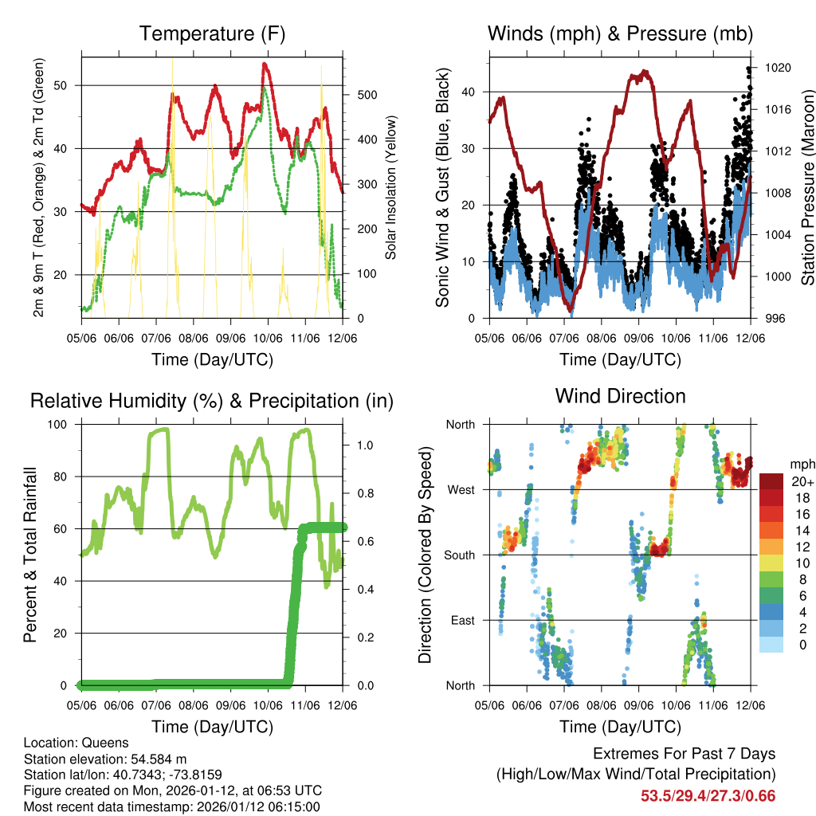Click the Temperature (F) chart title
[212, 34]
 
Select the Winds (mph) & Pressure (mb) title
[620, 34]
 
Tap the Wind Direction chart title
[620, 396]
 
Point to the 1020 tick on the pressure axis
[776, 69]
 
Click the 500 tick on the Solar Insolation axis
[366, 95]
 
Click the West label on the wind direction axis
[461, 489]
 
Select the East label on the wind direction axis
[462, 620]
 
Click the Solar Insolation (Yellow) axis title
[391, 188]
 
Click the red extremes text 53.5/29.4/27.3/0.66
[708, 795]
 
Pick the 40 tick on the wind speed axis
[471, 92]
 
